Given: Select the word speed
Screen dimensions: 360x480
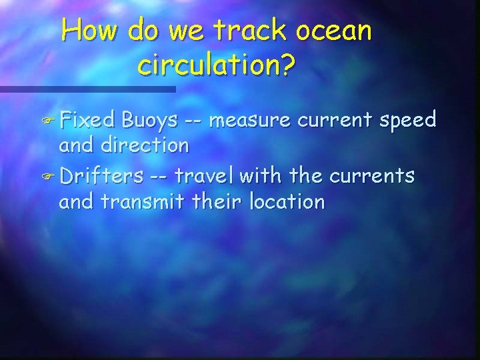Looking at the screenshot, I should coord(406,121).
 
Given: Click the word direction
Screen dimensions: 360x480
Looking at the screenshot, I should coord(148,144).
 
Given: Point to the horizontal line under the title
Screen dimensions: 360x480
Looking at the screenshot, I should coord(87,89).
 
